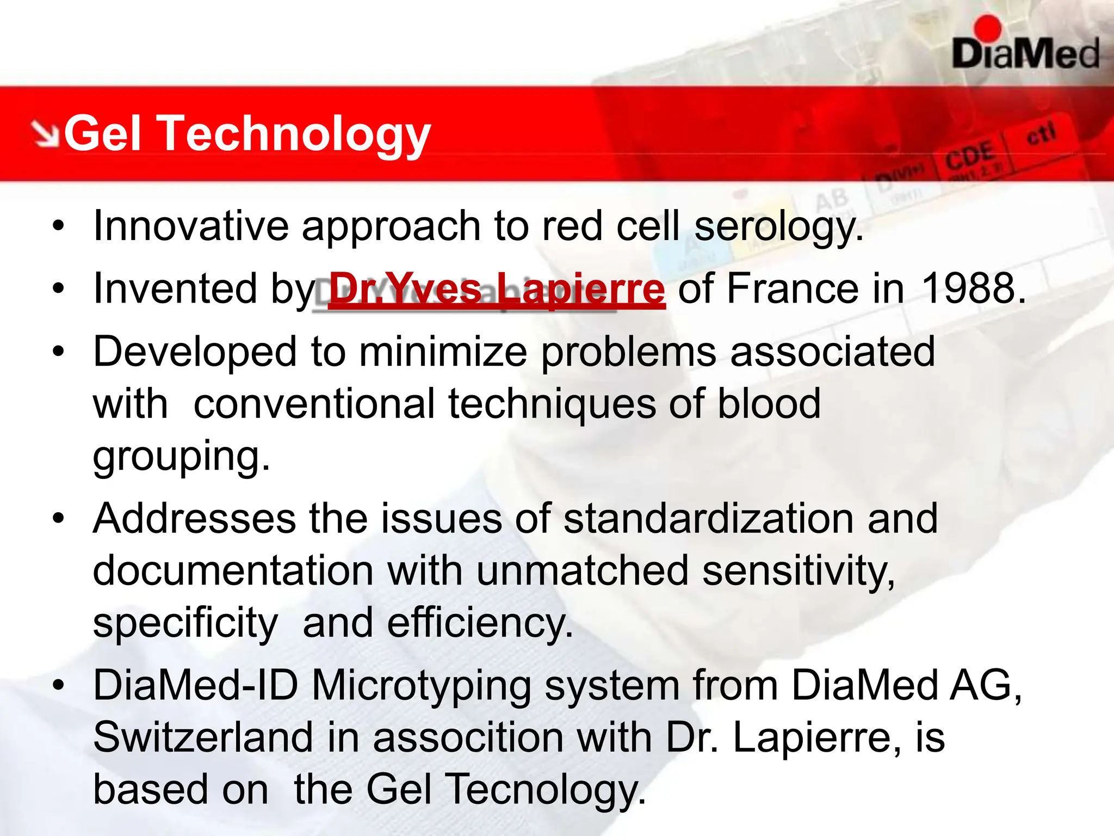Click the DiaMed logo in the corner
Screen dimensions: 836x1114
pyautogui.click(x=1025, y=53)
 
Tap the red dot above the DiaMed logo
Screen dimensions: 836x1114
pyautogui.click(x=987, y=28)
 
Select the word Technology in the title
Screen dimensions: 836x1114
pyautogui.click(x=295, y=134)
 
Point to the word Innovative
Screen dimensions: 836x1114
pyautogui.click(x=191, y=225)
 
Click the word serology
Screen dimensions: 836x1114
pyautogui.click(x=778, y=226)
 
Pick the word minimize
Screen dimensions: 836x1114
pyautogui.click(x=443, y=352)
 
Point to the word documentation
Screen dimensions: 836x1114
pyautogui.click(x=233, y=570)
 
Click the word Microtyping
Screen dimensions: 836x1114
pyautogui.click(x=421, y=685)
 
